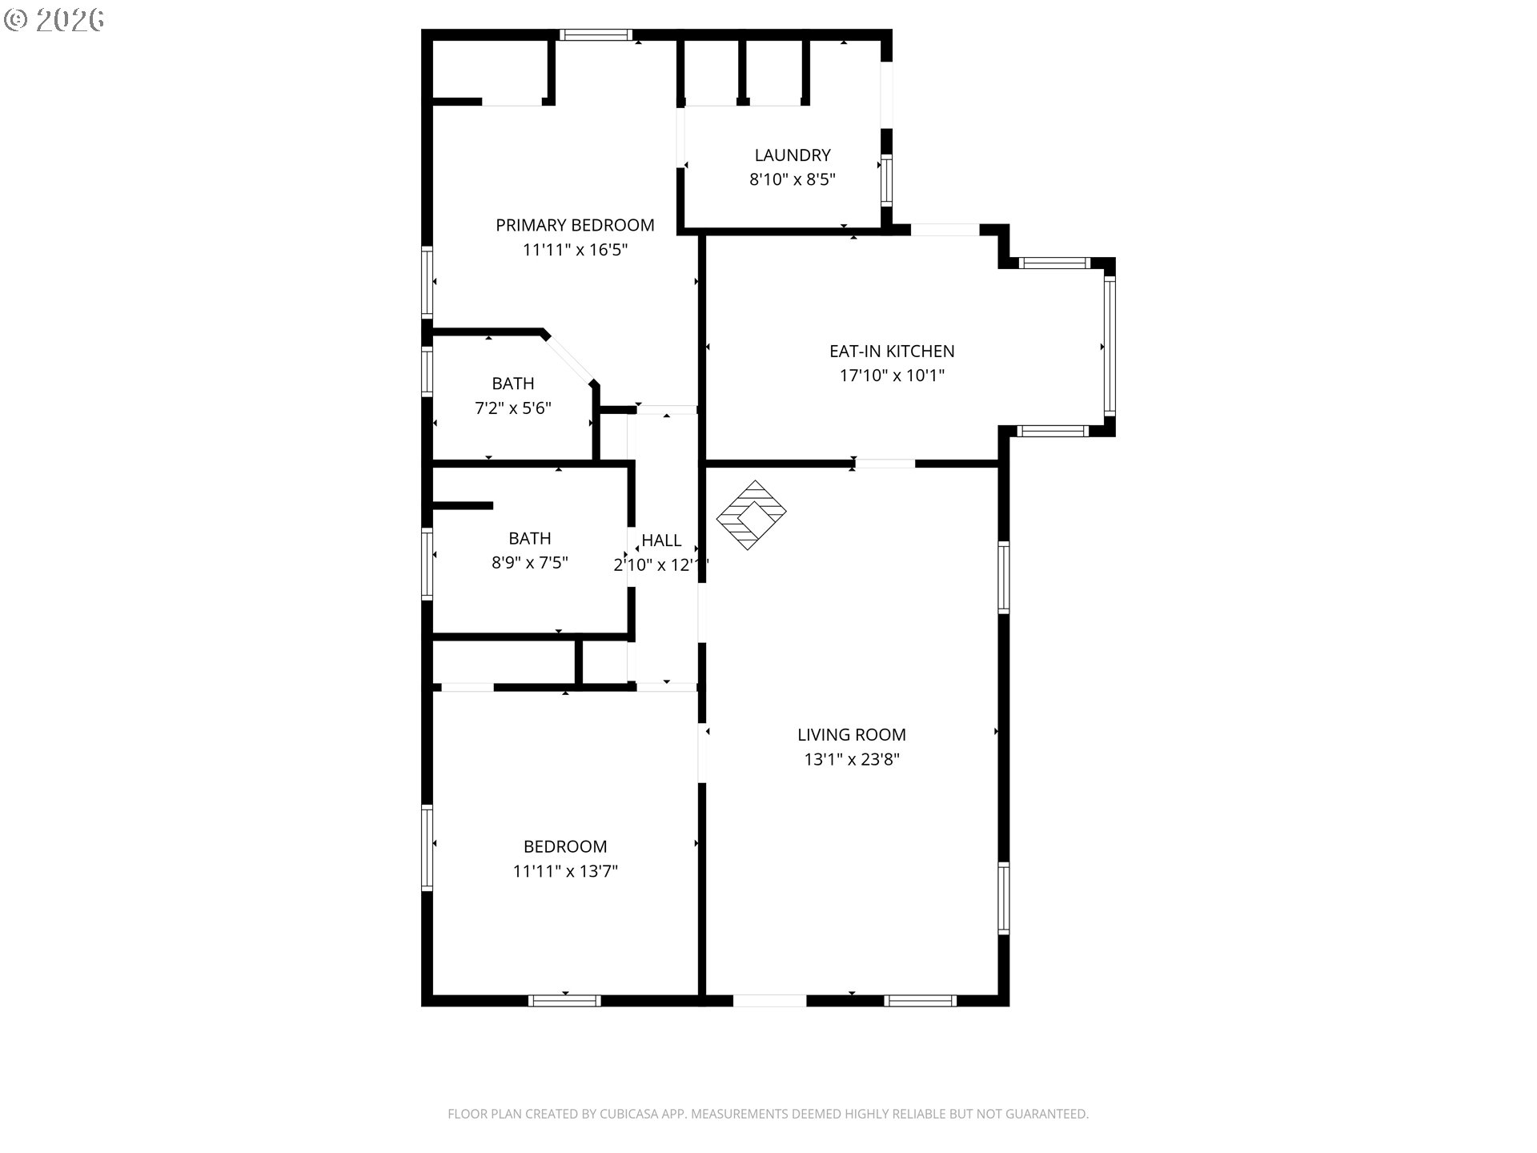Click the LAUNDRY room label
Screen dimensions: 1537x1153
click(x=793, y=155)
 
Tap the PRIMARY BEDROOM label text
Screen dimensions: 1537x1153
click(x=575, y=226)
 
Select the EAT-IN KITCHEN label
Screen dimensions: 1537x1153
click(x=892, y=352)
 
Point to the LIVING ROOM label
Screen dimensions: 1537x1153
click(x=852, y=735)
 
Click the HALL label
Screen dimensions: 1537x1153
click(x=661, y=540)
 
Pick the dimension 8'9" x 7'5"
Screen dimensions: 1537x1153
click(x=530, y=563)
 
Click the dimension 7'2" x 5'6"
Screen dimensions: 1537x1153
click(x=513, y=408)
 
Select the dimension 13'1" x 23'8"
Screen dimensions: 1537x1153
click(x=852, y=759)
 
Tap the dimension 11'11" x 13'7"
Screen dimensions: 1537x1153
click(x=565, y=871)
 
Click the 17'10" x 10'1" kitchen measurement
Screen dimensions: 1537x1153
click(x=892, y=376)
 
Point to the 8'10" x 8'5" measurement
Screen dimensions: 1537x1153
click(x=793, y=179)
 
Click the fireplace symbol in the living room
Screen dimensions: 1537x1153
click(x=751, y=515)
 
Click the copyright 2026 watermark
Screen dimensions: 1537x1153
click(x=54, y=20)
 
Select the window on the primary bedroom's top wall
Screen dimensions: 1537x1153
click(x=596, y=34)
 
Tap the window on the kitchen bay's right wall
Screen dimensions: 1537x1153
click(x=1110, y=346)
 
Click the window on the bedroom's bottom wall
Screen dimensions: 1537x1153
click(x=564, y=1001)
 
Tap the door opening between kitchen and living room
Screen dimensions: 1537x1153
click(x=885, y=464)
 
